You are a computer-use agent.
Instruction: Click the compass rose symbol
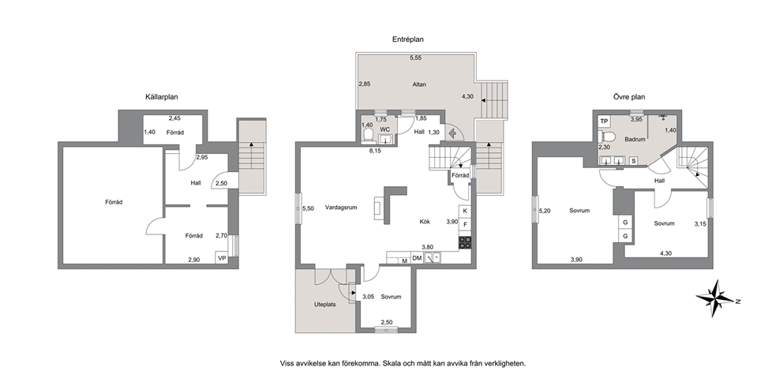pos(716,299)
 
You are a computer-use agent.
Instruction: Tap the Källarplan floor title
pos(160,97)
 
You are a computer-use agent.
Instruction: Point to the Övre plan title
pos(629,97)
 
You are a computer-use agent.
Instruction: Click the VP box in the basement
pos(222,257)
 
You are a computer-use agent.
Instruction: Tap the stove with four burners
pos(465,242)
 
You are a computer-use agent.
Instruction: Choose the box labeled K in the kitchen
pos(465,212)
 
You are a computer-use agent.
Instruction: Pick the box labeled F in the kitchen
pos(465,224)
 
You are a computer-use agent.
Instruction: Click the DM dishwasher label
pos(417,258)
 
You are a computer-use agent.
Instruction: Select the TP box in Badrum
pos(605,122)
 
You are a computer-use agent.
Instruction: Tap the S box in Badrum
pos(633,161)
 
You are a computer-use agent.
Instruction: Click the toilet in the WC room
pos(369,135)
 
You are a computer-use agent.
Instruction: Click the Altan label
pos(419,84)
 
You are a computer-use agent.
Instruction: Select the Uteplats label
pos(324,304)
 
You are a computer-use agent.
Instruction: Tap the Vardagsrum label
pos(341,208)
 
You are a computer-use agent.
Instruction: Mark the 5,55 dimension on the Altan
pos(415,58)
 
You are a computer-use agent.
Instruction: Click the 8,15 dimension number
pos(374,150)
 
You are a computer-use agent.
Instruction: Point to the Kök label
pos(424,222)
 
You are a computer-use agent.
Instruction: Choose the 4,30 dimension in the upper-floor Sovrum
pos(665,253)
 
